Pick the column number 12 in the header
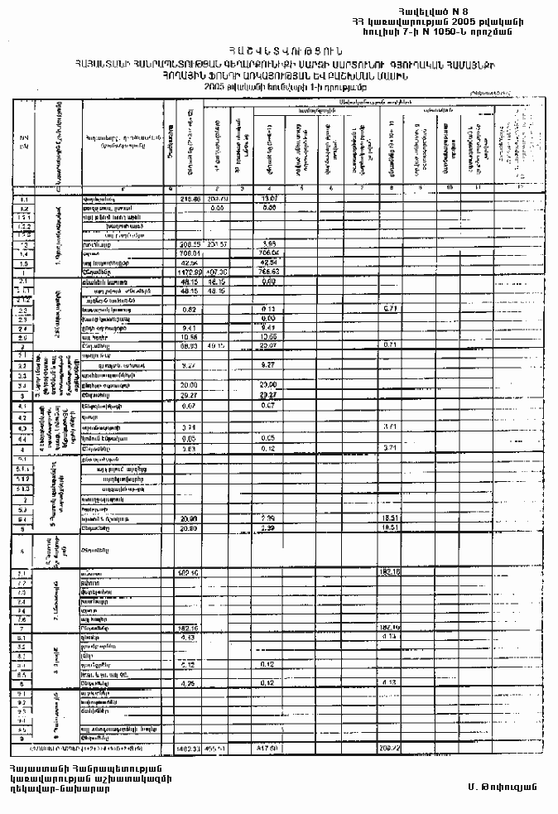click(521, 190)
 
